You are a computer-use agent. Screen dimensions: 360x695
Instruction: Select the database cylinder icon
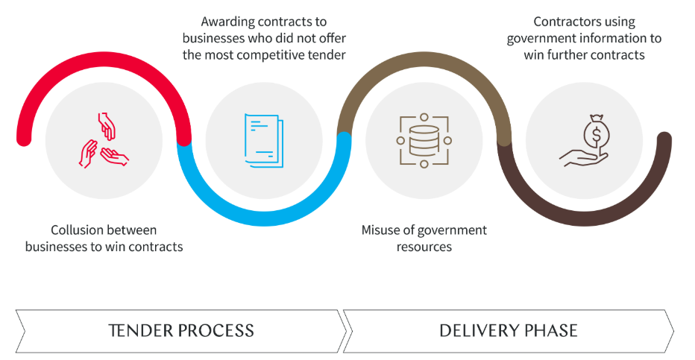point(424,140)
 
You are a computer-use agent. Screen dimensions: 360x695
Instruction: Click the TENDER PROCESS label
point(181,330)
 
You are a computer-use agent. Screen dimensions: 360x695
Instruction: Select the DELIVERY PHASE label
point(509,330)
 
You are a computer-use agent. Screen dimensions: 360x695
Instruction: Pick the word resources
point(424,246)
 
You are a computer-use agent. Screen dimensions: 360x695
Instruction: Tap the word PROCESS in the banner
point(215,330)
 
